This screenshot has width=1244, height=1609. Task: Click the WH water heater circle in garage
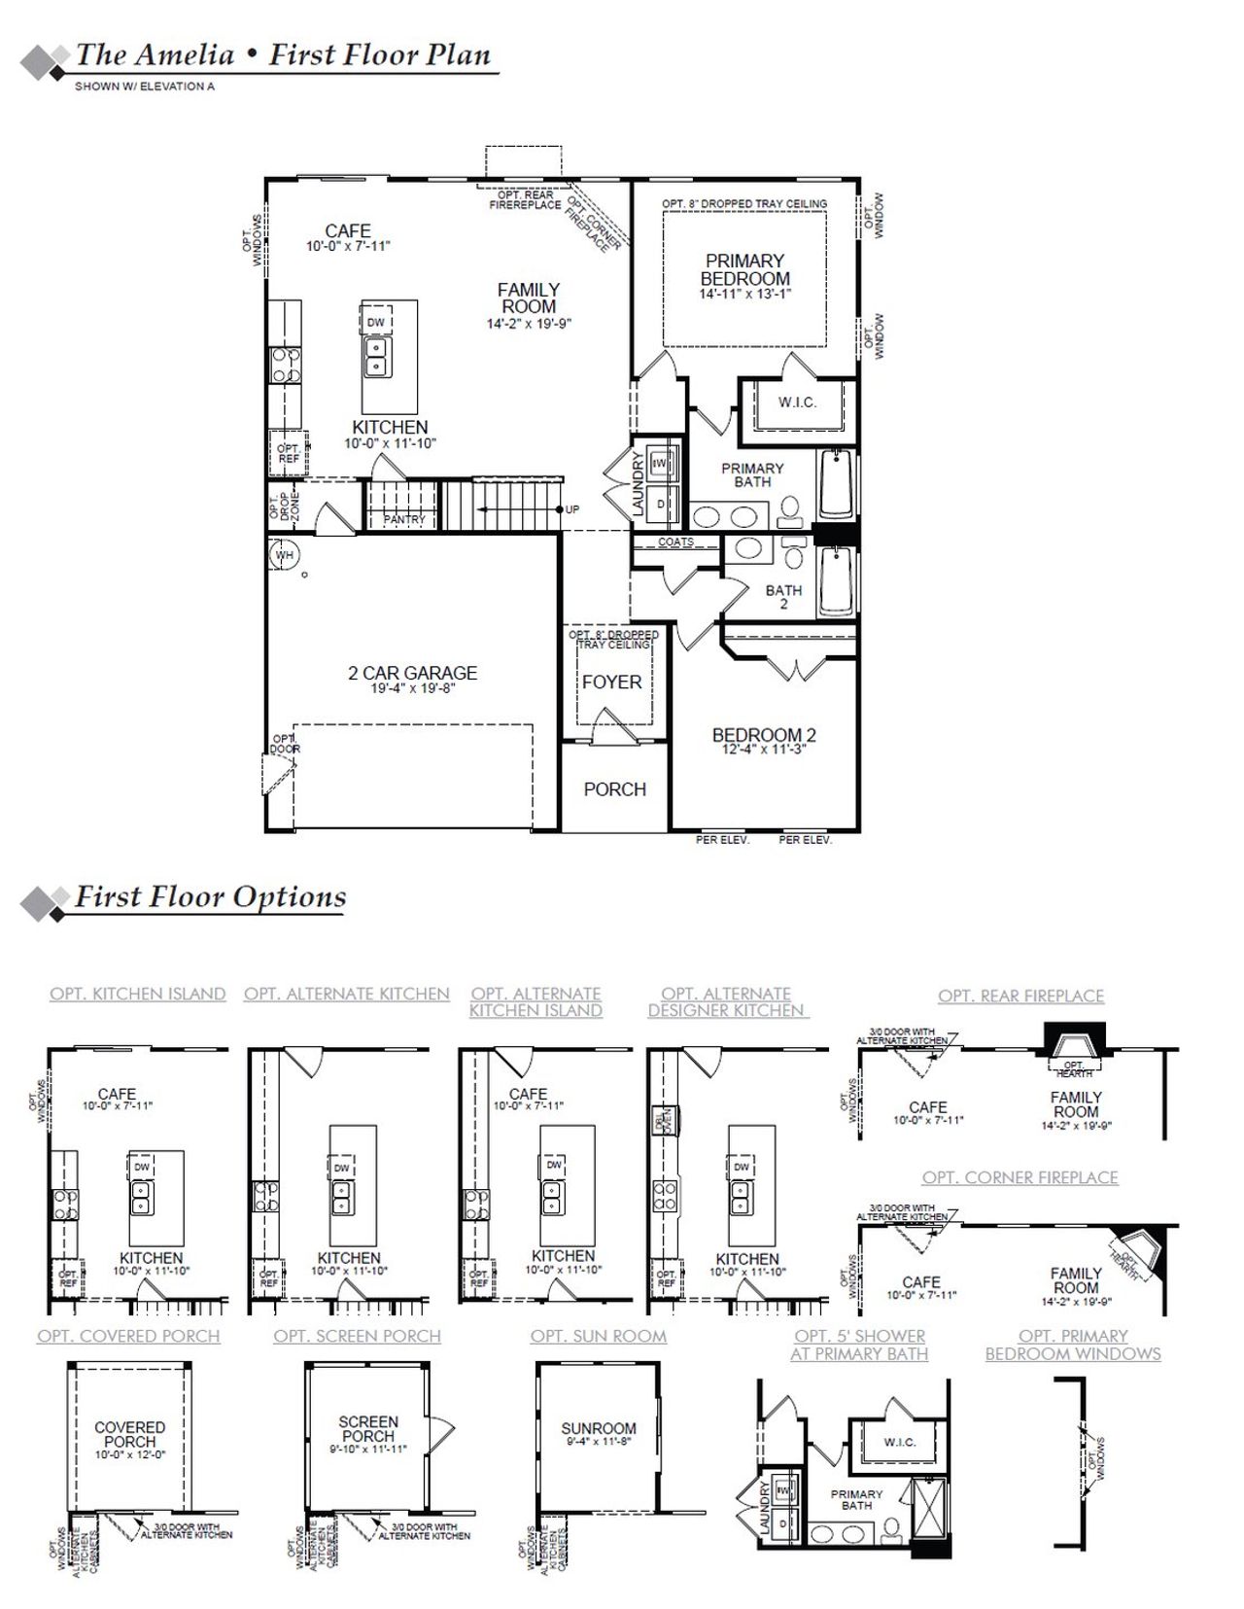click(x=284, y=556)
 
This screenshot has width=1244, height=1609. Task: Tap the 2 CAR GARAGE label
click(x=413, y=673)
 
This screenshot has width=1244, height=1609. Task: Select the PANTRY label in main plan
click(x=404, y=520)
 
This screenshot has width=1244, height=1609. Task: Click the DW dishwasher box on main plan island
click(x=376, y=322)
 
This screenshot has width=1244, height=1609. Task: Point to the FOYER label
click(x=611, y=682)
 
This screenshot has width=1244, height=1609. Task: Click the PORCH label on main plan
click(x=614, y=789)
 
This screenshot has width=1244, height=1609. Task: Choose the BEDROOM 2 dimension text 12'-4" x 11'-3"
click(x=764, y=750)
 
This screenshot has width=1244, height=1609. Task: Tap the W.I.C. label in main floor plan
click(x=797, y=402)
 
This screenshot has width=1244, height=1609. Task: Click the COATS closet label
click(x=676, y=542)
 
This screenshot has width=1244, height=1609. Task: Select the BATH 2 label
click(x=783, y=596)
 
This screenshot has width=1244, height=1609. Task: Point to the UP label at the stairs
click(x=572, y=509)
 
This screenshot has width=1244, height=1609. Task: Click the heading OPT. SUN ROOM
click(x=599, y=1336)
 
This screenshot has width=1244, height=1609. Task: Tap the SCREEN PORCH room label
click(x=367, y=1428)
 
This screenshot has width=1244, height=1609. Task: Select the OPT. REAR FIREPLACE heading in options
click(x=1020, y=996)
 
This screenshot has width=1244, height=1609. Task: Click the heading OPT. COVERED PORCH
click(x=128, y=1336)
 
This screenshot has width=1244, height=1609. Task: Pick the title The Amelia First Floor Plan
click(x=283, y=55)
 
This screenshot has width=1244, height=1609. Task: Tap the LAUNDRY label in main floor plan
click(x=639, y=483)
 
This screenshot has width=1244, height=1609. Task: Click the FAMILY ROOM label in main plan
click(x=529, y=297)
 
